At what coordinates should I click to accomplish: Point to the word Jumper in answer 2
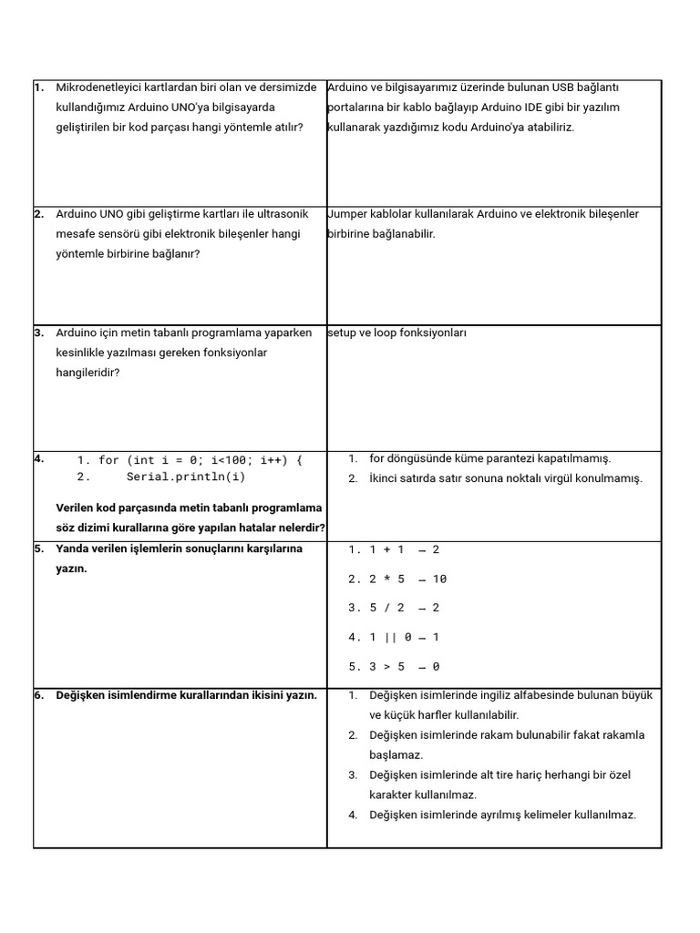tap(346, 214)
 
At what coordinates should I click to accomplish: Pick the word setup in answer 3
tap(342, 333)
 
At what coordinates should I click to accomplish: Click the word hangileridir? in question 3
tap(87, 373)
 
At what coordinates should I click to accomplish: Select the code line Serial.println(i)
tap(186, 477)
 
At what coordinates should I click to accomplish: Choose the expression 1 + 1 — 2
tap(404, 550)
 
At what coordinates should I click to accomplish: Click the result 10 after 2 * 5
tap(439, 579)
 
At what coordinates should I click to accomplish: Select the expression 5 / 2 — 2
tap(404, 609)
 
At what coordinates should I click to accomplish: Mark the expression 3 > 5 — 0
tap(404, 667)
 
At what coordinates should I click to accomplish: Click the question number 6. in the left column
tap(39, 695)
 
